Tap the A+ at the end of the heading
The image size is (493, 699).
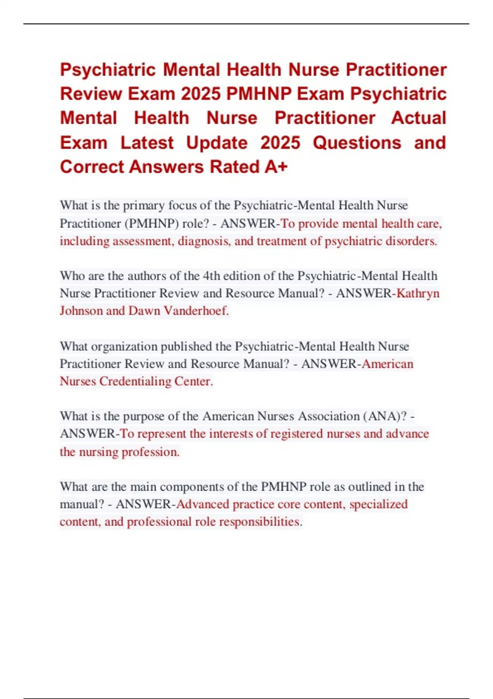tap(276, 167)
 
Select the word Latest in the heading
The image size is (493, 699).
tap(147, 143)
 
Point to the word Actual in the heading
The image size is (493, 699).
tap(418, 118)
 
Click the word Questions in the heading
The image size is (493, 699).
tap(357, 143)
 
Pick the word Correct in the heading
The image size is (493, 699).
tap(92, 167)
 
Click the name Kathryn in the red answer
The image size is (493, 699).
tap(418, 293)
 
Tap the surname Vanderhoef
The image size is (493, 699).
tap(196, 310)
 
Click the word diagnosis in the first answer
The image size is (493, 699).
tap(204, 241)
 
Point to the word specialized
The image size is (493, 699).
tap(378, 504)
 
